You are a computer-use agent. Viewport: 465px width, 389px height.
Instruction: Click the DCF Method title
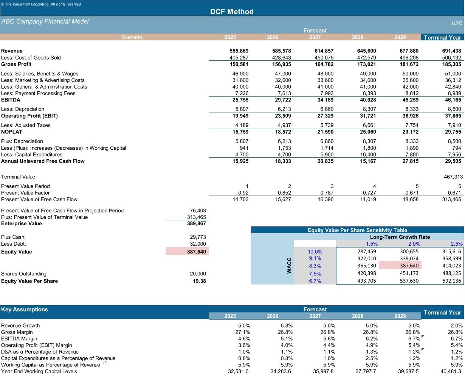[232, 12]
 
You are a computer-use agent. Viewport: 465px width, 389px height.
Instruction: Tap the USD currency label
[457, 23]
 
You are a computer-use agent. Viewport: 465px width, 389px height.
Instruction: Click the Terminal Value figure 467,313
[453, 177]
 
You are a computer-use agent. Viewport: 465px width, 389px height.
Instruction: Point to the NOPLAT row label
[12, 132]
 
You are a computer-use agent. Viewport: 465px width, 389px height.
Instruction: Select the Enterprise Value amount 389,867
[197, 224]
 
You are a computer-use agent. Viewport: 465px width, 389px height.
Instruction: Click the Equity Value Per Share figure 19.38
[199, 281]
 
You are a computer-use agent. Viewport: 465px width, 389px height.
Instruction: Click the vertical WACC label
[289, 265]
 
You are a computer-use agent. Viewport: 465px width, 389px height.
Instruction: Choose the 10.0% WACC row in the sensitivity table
[315, 252]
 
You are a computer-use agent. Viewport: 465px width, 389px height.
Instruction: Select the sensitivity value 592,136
[452, 281]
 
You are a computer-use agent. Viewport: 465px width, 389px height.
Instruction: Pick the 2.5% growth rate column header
[456, 244]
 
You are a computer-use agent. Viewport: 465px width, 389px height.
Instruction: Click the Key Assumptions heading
[25, 310]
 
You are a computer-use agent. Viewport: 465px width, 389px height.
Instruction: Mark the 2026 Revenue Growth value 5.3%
[287, 326]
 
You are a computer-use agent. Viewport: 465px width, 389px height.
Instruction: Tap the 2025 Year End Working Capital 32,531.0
[238, 372]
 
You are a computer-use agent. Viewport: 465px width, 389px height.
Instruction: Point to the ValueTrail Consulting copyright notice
[41, 4]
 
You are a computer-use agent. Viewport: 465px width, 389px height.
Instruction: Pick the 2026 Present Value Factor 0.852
[284, 193]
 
